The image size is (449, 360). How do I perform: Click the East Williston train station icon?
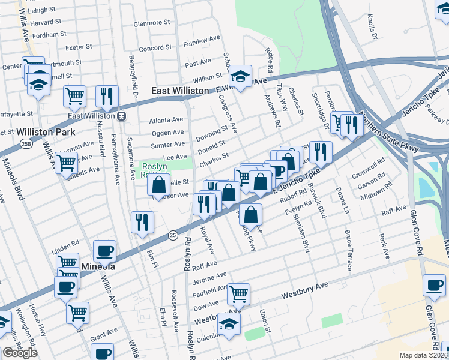point(121,116)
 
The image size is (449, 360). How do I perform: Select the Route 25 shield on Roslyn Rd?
point(172,234)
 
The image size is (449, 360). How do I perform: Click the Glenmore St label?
point(152,23)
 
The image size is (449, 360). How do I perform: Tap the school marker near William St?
point(240,76)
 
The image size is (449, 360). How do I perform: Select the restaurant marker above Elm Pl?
point(142,223)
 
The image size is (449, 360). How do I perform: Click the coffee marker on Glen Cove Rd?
point(433,286)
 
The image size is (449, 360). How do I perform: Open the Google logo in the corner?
point(20,353)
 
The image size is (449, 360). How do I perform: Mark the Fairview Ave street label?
point(202,41)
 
